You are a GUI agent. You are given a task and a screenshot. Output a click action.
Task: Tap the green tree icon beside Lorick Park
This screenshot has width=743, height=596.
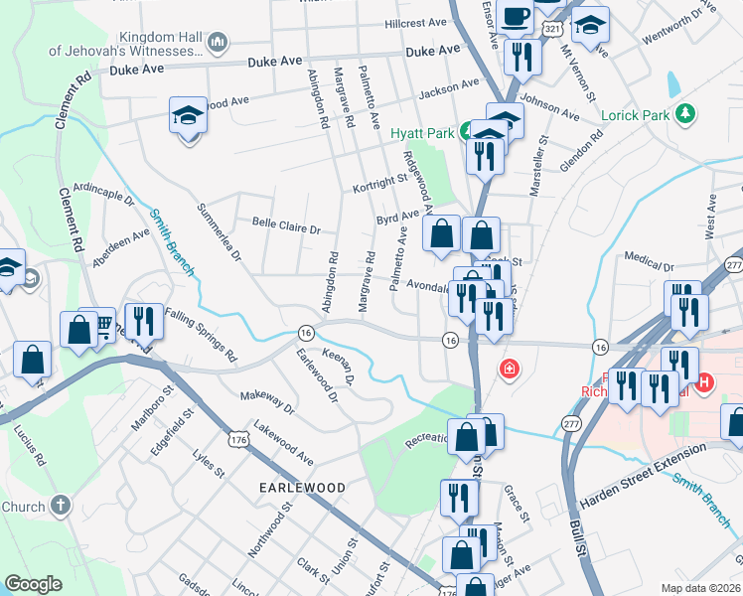click(683, 115)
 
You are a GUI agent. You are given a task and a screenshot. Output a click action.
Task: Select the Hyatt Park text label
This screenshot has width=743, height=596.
click(421, 132)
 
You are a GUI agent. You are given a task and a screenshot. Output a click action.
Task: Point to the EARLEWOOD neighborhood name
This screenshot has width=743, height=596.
click(302, 488)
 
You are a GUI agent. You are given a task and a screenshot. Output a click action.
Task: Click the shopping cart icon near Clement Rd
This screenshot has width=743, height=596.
click(104, 326)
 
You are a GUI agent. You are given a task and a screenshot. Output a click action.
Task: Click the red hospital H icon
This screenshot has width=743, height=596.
click(704, 380)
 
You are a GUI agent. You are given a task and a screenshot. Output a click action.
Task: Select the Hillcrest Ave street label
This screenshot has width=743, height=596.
click(417, 22)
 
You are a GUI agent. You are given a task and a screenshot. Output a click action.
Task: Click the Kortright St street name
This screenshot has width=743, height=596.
click(380, 183)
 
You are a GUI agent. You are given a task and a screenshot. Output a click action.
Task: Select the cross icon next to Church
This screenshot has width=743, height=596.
click(60, 506)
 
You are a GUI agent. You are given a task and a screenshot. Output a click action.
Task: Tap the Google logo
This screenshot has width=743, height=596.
click(34, 584)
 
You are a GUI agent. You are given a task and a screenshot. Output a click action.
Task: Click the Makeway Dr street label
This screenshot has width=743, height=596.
click(268, 400)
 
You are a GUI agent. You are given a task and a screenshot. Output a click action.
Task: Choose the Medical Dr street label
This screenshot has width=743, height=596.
click(650, 264)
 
